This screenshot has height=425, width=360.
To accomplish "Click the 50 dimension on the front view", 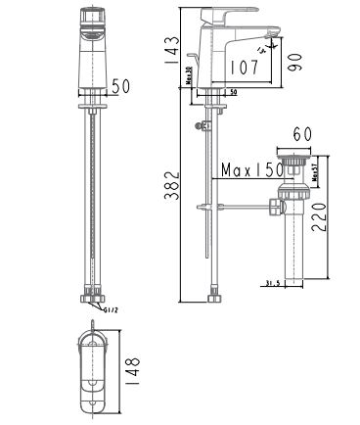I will [x=120, y=87].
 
